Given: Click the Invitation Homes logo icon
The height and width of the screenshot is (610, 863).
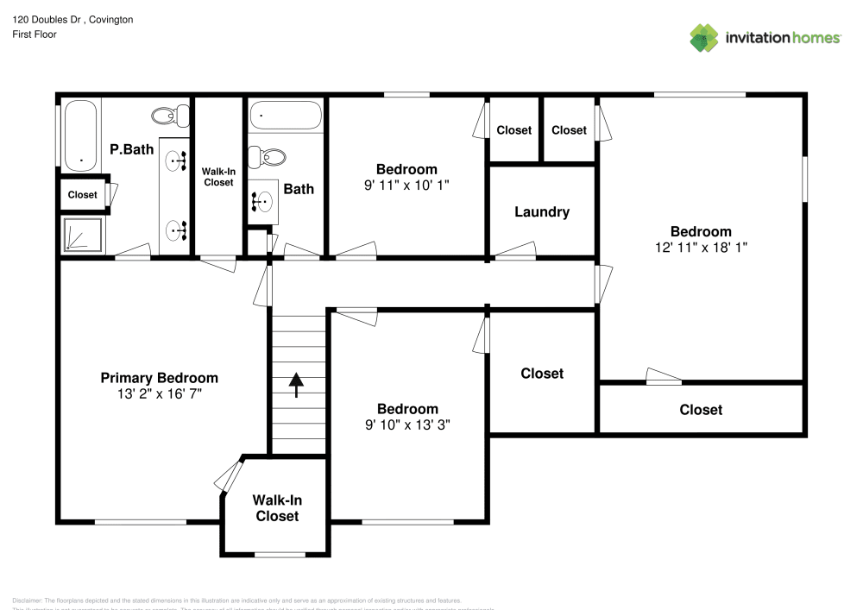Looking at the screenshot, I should pyautogui.click(x=703, y=37).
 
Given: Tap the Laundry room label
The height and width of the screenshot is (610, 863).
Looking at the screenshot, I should pyautogui.click(x=541, y=211).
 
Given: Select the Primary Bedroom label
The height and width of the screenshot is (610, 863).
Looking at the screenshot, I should pyautogui.click(x=159, y=378).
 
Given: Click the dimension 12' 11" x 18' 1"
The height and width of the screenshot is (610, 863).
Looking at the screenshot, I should pyautogui.click(x=701, y=247).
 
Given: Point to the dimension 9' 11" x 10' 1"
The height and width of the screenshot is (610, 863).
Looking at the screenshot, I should pyautogui.click(x=406, y=185).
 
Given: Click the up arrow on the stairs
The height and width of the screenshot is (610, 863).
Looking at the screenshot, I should pyautogui.click(x=297, y=385).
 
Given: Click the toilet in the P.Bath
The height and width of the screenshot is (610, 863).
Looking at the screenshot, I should pyautogui.click(x=169, y=115).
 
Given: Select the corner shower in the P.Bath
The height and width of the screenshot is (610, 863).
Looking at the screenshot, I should pyautogui.click(x=82, y=236).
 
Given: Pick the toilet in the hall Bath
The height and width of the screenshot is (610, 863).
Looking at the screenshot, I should pyautogui.click(x=268, y=157).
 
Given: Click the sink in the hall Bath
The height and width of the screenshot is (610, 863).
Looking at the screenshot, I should pyautogui.click(x=262, y=202).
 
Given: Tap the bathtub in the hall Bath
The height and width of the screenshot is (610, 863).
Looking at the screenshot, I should pyautogui.click(x=286, y=116).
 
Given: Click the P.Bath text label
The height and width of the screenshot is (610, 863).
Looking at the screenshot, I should pyautogui.click(x=131, y=149).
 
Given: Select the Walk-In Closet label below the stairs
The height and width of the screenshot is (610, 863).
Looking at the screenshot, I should pyautogui.click(x=276, y=507).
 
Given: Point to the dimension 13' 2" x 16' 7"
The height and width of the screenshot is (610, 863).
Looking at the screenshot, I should pyautogui.click(x=159, y=393).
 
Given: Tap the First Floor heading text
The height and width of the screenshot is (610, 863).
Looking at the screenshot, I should pyautogui.click(x=35, y=35).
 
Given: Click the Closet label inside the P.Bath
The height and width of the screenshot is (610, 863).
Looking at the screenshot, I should pyautogui.click(x=82, y=195).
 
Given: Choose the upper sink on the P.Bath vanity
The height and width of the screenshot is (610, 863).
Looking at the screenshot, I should pyautogui.click(x=177, y=160).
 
